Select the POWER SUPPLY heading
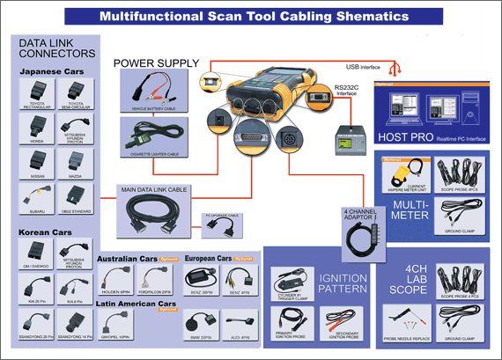(156, 62)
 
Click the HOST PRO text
(408, 138)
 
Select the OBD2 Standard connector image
(74, 198)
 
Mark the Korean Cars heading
(46, 233)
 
